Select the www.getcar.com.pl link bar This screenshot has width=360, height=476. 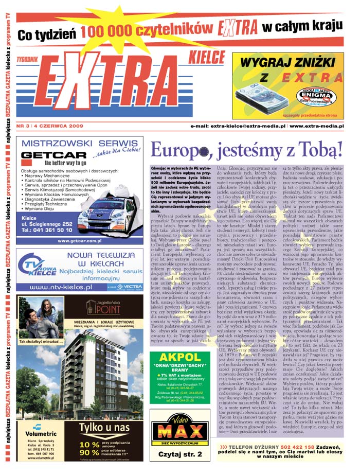click(80, 240)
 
